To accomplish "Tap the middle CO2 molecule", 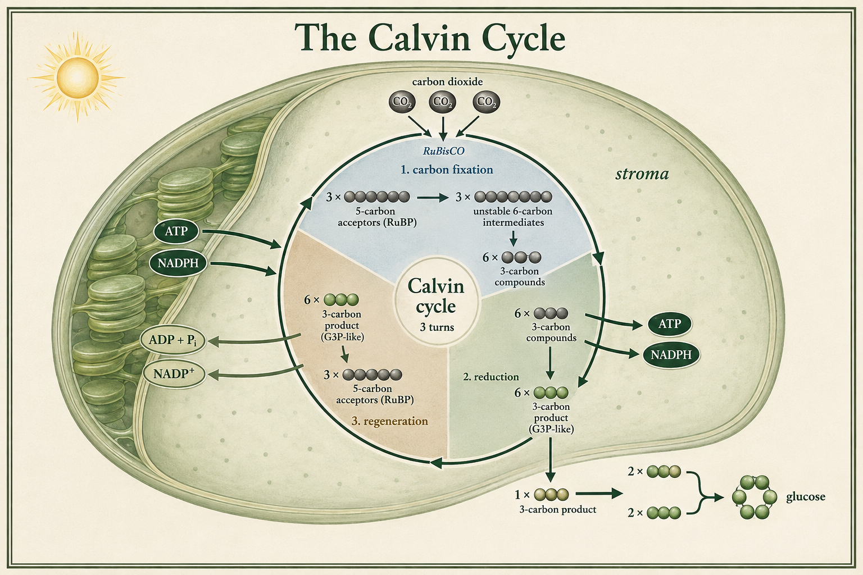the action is tap(442, 102).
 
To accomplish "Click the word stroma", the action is tap(642, 174).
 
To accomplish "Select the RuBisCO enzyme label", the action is tap(443, 151).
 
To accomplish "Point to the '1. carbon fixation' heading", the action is tap(447, 170).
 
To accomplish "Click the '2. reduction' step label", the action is tap(491, 377).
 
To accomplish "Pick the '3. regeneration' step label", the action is tap(389, 421).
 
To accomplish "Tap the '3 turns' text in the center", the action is tap(437, 327).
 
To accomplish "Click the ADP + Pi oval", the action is tap(172, 340).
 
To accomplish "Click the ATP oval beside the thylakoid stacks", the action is tap(176, 231).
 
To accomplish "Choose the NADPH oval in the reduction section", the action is tap(671, 355).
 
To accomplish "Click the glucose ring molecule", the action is tap(755, 497).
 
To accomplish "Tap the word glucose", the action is tap(806, 497).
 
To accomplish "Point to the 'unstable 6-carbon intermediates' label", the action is tap(513, 217).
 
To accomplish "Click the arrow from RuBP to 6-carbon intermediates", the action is tap(433, 198).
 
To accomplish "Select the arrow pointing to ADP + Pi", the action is tap(255, 340).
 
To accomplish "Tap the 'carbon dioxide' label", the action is tap(447, 81).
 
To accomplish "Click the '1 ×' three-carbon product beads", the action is tap(551, 494).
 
